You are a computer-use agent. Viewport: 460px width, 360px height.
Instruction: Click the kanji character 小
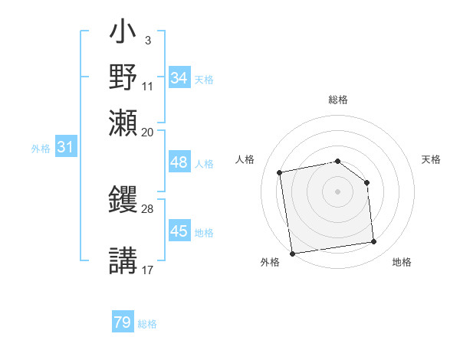pos(123,34)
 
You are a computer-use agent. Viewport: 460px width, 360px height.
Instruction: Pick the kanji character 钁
pos(123,201)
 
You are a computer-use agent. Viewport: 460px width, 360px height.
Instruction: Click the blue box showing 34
pos(179,78)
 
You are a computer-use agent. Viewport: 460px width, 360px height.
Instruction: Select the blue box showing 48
pos(179,162)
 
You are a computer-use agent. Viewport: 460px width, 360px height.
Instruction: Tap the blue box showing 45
pos(179,231)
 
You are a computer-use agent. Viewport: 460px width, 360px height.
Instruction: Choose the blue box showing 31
pos(66,148)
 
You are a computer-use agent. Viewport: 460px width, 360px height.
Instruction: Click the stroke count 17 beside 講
pos(148,269)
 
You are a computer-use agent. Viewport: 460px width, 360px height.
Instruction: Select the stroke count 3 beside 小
pos(147,39)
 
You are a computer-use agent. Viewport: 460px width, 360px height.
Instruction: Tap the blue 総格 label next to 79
pos(147,324)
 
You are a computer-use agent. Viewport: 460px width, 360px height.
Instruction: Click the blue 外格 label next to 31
pos(41,149)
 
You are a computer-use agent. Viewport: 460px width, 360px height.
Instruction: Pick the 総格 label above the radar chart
pos(338,100)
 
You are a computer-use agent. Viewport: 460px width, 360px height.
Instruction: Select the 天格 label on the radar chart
pos(432,159)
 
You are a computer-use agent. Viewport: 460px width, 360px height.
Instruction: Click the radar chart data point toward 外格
pos(292,253)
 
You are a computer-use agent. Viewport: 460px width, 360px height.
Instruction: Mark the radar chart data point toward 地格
pos(374,242)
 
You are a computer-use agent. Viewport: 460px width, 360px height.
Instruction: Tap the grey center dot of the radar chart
pos(338,191)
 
